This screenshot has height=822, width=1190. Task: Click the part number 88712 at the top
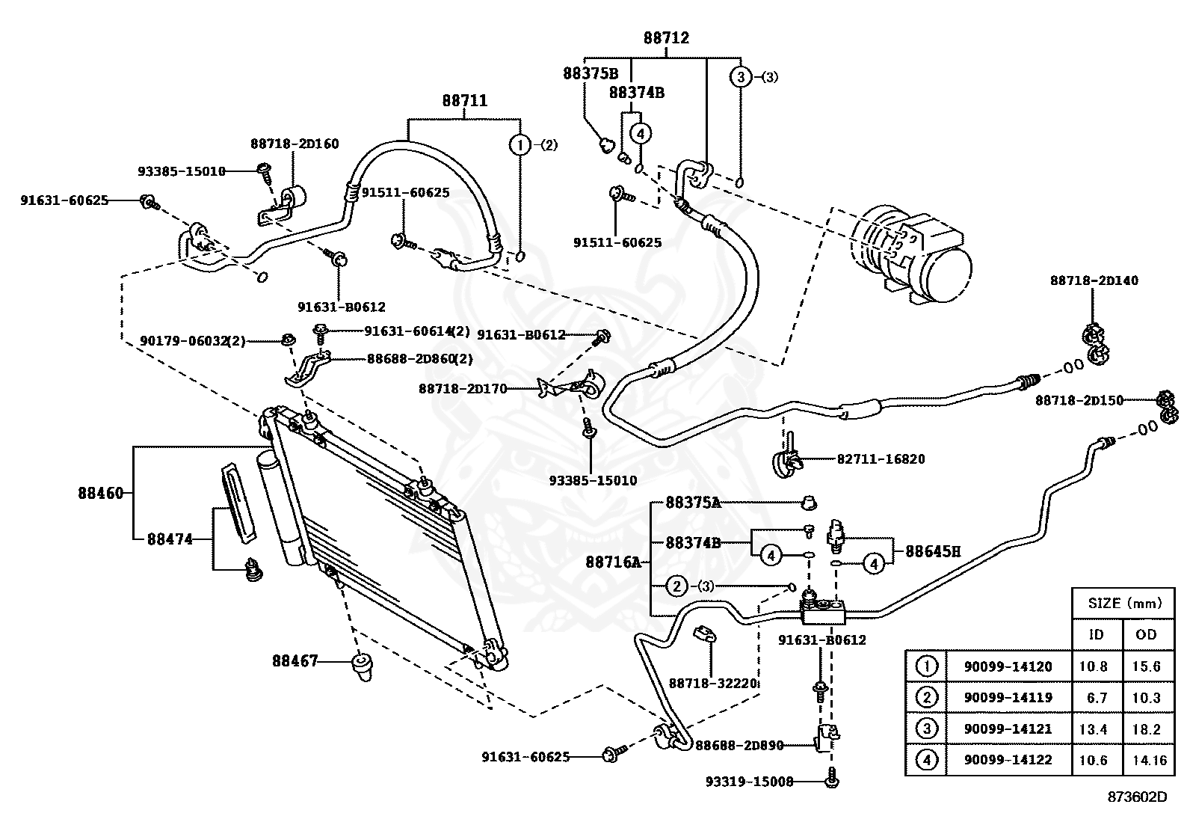666,37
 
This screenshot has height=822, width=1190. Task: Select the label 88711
465,100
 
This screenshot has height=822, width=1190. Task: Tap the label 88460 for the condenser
101,493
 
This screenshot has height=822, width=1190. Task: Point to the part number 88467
295,660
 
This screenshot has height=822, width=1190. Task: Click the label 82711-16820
881,458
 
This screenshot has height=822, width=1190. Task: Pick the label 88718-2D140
1094,280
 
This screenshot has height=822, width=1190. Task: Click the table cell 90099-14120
1008,666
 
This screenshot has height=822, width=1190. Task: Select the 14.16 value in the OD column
1149,760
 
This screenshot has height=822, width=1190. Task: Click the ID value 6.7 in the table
1097,698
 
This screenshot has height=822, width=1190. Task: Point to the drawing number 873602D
1138,797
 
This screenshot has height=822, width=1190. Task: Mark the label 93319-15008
749,781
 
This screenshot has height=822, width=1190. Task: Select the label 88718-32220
712,683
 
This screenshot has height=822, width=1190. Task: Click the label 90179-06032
184,340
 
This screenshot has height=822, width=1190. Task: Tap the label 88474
170,539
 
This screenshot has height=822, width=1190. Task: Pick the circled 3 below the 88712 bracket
741,77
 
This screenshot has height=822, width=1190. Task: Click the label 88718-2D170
463,389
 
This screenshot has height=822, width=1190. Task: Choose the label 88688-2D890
739,746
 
